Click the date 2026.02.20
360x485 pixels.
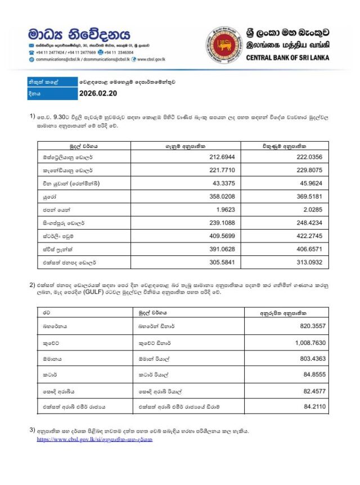click(98, 93)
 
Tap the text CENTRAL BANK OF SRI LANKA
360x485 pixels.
click(287, 58)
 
